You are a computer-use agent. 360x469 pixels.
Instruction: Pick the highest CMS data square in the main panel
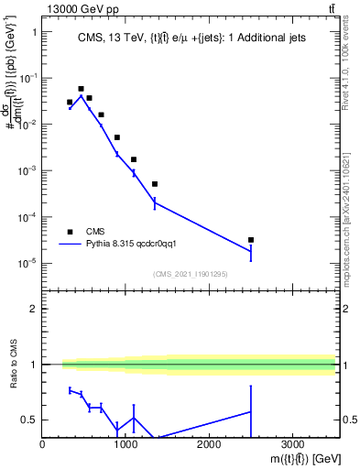tap(81, 89)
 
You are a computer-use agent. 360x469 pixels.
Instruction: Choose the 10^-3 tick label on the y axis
tap(25, 170)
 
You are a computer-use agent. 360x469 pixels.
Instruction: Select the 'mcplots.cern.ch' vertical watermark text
tap(352, 211)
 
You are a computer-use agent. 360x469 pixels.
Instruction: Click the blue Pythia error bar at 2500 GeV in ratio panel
tap(250, 411)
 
